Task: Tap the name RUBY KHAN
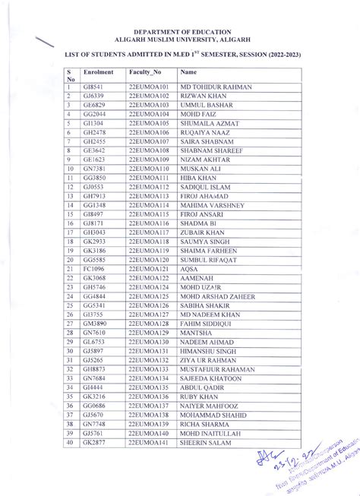tap(198, 417)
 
